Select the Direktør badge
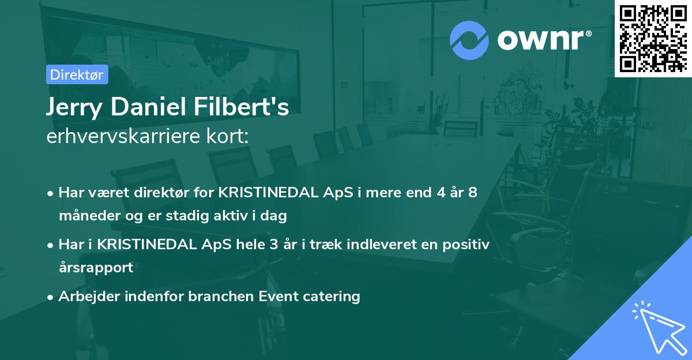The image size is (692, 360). pos(77,74)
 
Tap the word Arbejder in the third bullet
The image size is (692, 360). pos(85,297)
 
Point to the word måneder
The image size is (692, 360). pos(88,216)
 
